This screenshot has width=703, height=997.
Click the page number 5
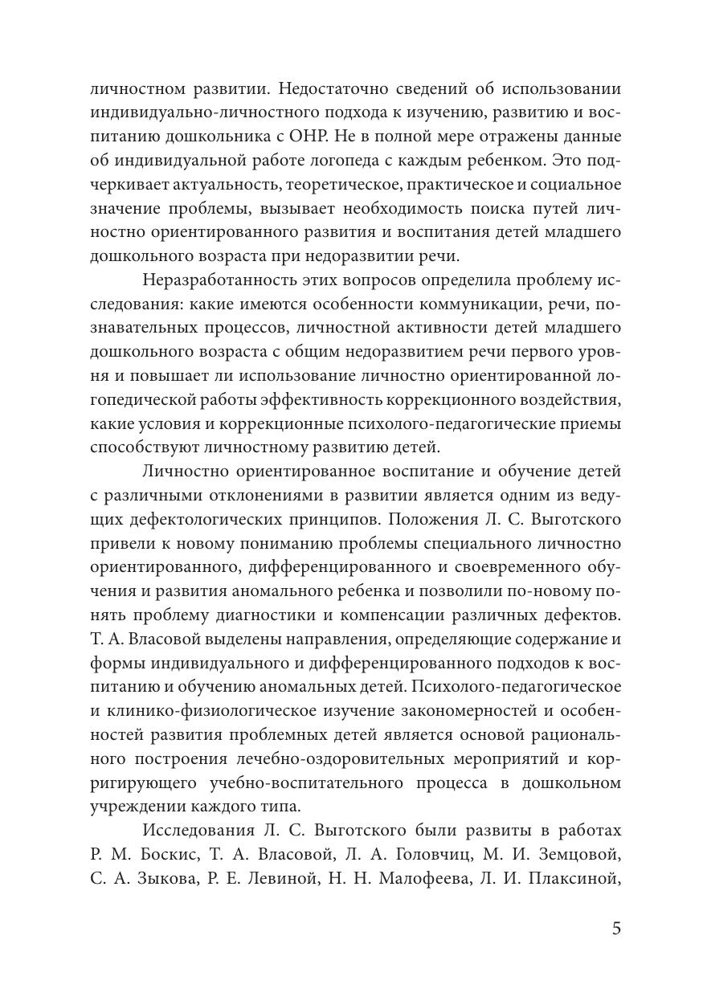coord(616,929)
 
